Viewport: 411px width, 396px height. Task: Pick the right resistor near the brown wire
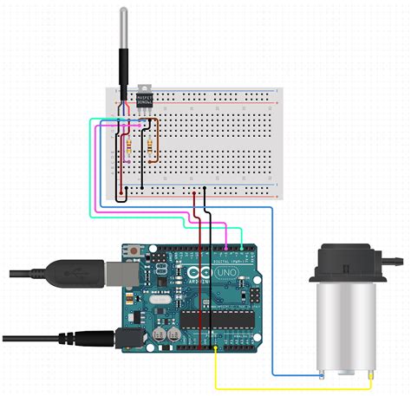tap(152, 143)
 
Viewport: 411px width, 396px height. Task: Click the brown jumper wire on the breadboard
tap(156, 139)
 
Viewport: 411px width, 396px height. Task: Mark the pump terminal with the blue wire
tap(320, 373)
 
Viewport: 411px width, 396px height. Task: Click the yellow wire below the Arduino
tap(286, 387)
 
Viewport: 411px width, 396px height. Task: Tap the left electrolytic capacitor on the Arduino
tap(160, 332)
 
